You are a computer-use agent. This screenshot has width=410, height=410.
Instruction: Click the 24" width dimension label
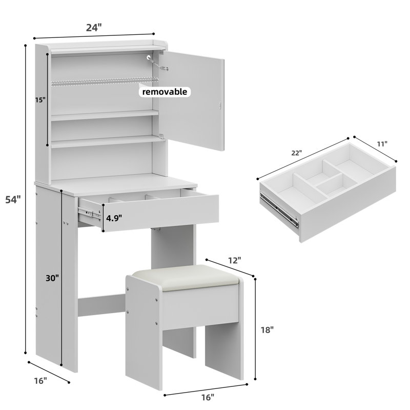coord(94,28)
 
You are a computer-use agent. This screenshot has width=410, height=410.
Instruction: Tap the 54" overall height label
coord(13,200)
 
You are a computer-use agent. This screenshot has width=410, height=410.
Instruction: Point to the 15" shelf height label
coord(40,100)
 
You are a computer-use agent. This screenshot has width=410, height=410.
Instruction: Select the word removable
coord(165,92)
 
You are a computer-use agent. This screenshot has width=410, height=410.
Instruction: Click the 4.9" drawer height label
coord(114,218)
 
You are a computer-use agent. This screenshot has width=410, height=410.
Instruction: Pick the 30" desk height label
coord(52,278)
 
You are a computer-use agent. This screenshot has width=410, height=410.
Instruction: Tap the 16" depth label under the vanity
coord(40,381)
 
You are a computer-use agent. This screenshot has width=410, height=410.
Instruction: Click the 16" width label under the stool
coord(208,398)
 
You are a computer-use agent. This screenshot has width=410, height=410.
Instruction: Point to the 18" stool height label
coord(267,330)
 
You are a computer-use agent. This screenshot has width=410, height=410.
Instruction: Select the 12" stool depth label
coord(234,260)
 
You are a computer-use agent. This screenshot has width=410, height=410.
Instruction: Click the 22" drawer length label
coord(297,153)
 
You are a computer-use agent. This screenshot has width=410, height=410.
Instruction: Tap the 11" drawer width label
coord(382,144)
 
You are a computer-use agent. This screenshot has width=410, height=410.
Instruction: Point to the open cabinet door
coord(191,100)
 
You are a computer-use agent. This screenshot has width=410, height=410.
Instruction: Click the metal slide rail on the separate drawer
coord(279,210)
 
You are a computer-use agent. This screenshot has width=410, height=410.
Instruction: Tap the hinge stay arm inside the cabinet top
coord(157,63)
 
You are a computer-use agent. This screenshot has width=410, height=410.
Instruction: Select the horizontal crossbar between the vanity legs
coord(102,305)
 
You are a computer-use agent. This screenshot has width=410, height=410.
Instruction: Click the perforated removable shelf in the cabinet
coord(105,81)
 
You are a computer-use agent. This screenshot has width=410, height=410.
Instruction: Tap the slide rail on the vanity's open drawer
coord(89,213)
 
